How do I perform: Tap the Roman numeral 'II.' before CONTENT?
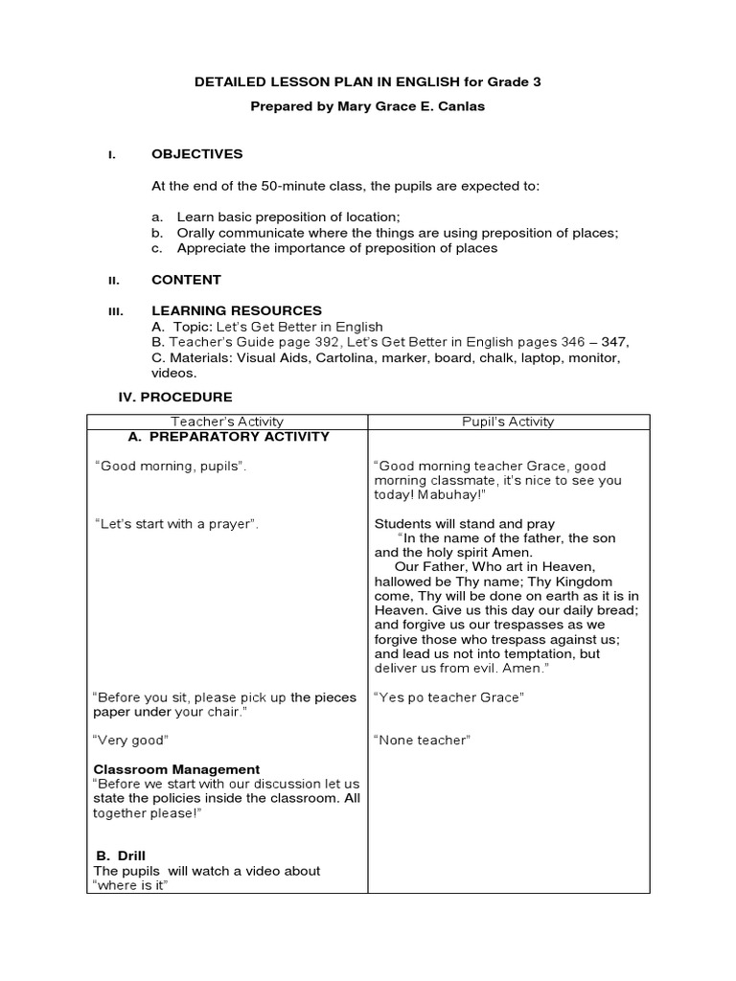point(111,281)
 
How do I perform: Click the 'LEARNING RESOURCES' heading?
point(237,310)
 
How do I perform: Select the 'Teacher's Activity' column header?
point(227,422)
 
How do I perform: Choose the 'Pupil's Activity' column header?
point(508,422)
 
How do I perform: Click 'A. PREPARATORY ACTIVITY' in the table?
point(228,437)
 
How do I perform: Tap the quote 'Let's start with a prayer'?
point(176,524)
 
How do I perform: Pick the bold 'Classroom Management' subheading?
point(176,769)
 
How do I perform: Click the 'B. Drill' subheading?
point(121,856)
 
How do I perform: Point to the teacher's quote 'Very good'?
point(130,740)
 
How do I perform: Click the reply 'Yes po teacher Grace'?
point(448,697)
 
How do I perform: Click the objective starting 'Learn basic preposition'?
point(287,217)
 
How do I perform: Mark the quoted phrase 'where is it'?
point(130,886)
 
